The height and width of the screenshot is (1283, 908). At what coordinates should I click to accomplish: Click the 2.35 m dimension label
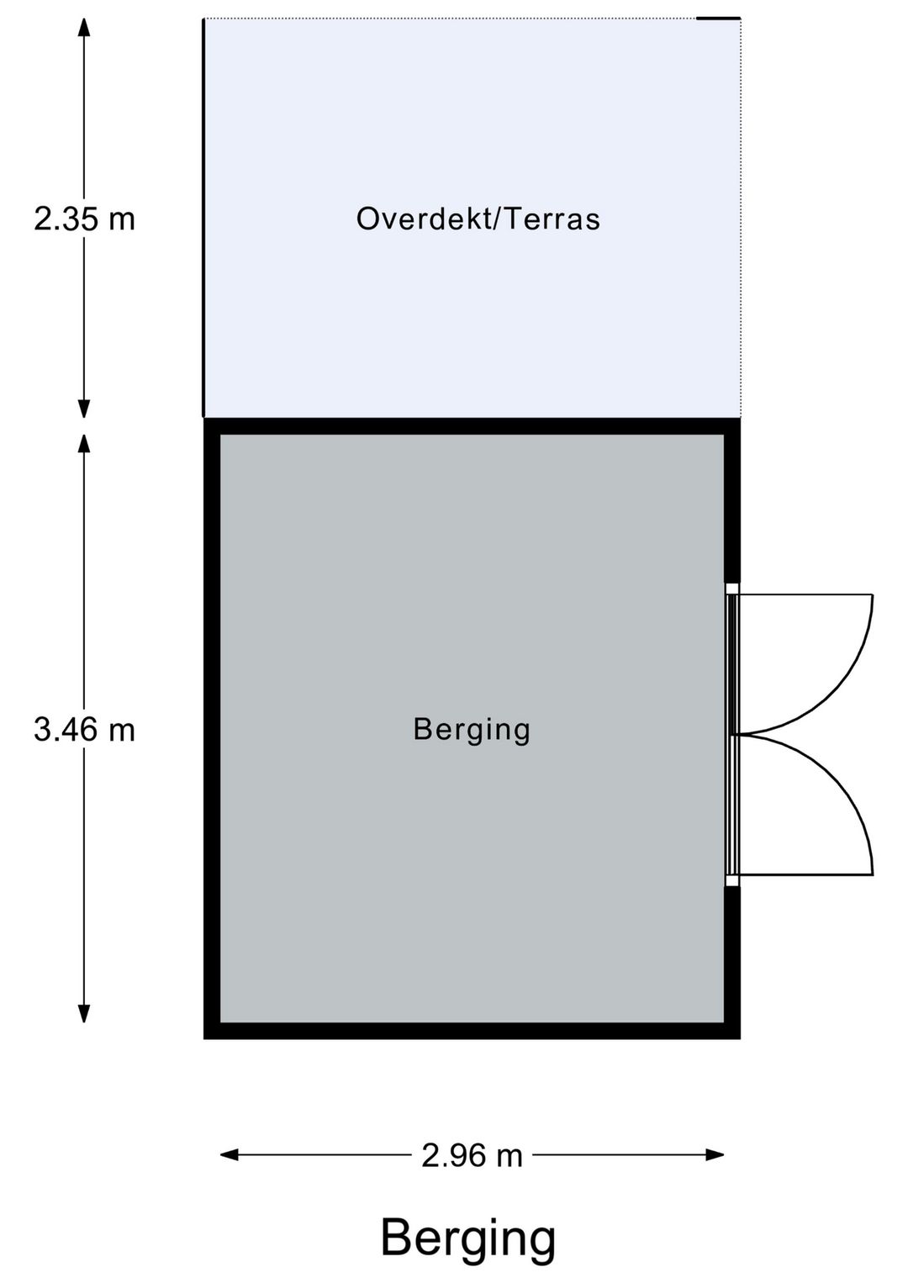pos(84,219)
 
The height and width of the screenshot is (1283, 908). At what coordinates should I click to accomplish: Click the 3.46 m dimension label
pos(84,730)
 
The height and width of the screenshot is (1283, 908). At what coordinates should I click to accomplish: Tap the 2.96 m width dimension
pos(472,1155)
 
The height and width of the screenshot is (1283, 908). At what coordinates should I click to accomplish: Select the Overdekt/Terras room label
pos(478,219)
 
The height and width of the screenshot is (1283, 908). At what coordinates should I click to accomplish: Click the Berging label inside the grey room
pos(472,731)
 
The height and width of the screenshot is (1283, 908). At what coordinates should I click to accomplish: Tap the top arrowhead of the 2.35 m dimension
pos(84,27)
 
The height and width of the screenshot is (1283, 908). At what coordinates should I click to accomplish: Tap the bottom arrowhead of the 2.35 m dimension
pos(84,409)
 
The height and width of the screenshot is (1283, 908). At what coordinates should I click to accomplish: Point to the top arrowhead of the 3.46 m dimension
pos(84,444)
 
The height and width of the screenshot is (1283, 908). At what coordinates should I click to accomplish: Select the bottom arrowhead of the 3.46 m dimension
pos(84,1013)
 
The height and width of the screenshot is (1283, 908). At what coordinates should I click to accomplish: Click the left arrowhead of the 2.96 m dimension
pos(230,1155)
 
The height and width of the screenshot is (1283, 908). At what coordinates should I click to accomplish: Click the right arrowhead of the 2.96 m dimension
pos(715,1155)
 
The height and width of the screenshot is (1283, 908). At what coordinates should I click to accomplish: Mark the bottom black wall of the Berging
pos(472,1031)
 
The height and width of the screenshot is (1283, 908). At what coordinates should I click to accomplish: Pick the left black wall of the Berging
pos(212,729)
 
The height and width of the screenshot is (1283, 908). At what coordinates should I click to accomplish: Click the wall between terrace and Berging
pos(472,426)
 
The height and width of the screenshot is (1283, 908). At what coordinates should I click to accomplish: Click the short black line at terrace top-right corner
pos(718,18)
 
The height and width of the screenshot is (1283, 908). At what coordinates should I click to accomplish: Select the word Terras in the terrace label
pos(553,219)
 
